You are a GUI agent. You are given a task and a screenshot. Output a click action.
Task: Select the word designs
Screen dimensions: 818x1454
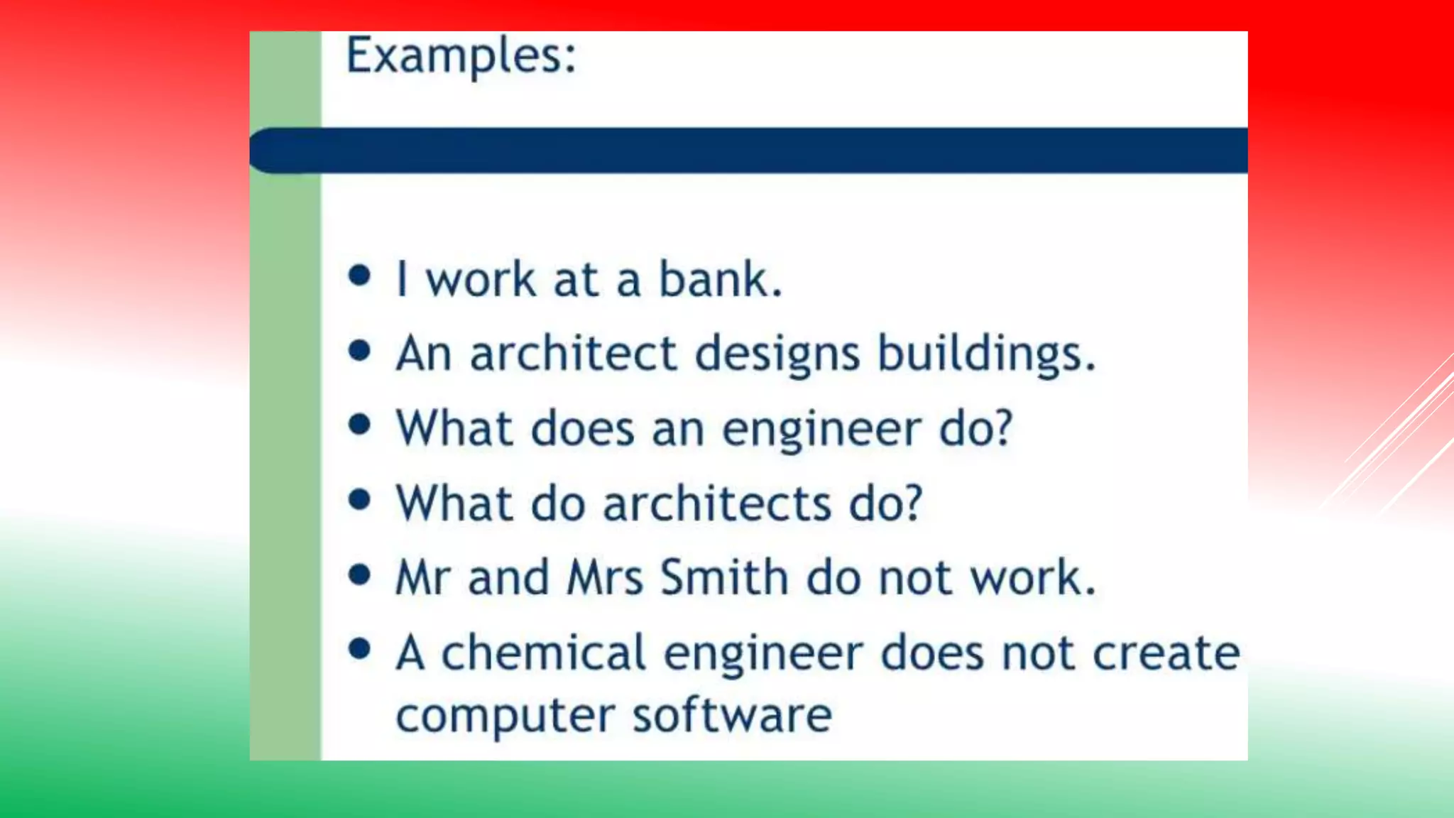(x=777, y=354)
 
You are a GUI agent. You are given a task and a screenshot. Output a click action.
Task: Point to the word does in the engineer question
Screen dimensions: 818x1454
(x=582, y=429)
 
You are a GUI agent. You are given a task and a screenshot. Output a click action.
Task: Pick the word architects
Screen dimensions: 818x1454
(x=717, y=503)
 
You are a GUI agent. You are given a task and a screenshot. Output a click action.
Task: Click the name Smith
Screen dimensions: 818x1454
(x=724, y=577)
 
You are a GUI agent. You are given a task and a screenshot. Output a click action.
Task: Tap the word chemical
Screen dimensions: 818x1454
(x=543, y=653)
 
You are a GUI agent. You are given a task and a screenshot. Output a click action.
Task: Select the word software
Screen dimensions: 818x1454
(x=732, y=715)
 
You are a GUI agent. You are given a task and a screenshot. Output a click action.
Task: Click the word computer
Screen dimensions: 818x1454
(x=505, y=716)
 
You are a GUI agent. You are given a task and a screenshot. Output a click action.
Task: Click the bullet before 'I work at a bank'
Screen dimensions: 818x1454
(x=360, y=276)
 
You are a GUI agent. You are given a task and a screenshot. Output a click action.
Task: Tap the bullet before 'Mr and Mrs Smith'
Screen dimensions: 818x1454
(x=360, y=574)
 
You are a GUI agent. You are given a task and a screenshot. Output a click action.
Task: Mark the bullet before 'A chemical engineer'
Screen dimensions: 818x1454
(x=360, y=648)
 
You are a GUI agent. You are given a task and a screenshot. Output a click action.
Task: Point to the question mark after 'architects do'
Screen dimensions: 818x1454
(x=912, y=503)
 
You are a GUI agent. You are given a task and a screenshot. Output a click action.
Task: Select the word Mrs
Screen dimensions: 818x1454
(x=605, y=577)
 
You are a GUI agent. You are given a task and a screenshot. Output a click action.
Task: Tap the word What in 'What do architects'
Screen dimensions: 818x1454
(x=454, y=503)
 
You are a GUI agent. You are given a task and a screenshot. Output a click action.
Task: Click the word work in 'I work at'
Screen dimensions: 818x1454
(x=481, y=279)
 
